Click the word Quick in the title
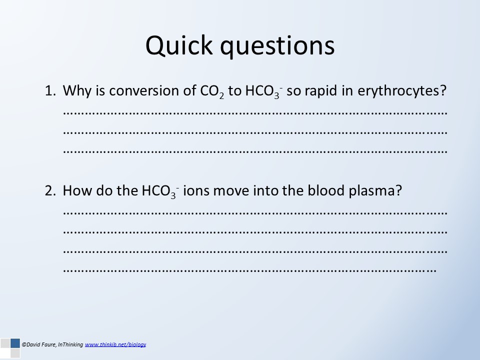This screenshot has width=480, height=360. coord(179,45)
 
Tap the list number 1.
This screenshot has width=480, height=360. coord(50,91)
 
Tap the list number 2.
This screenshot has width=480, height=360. coord(50,190)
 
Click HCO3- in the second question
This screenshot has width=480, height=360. coord(160,191)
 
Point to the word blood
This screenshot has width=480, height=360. coord(326,190)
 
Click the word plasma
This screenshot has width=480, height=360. coord(372,191)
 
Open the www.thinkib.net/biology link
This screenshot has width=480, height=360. coord(115,344)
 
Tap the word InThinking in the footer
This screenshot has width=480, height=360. coord(70,344)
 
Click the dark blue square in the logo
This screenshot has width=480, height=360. coord(15,343)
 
